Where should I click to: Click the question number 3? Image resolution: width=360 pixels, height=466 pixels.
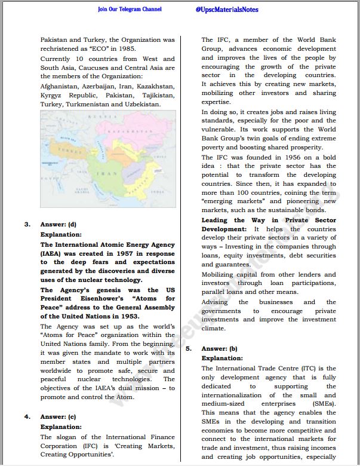click(27, 225)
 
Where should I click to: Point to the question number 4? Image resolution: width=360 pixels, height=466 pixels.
click(27, 416)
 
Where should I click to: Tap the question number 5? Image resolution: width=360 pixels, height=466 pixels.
click(189, 348)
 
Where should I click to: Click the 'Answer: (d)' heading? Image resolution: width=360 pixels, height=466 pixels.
click(58, 225)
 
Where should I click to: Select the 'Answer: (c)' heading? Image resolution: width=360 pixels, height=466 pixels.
click(58, 416)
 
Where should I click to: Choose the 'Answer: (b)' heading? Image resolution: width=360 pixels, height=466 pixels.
click(220, 348)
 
